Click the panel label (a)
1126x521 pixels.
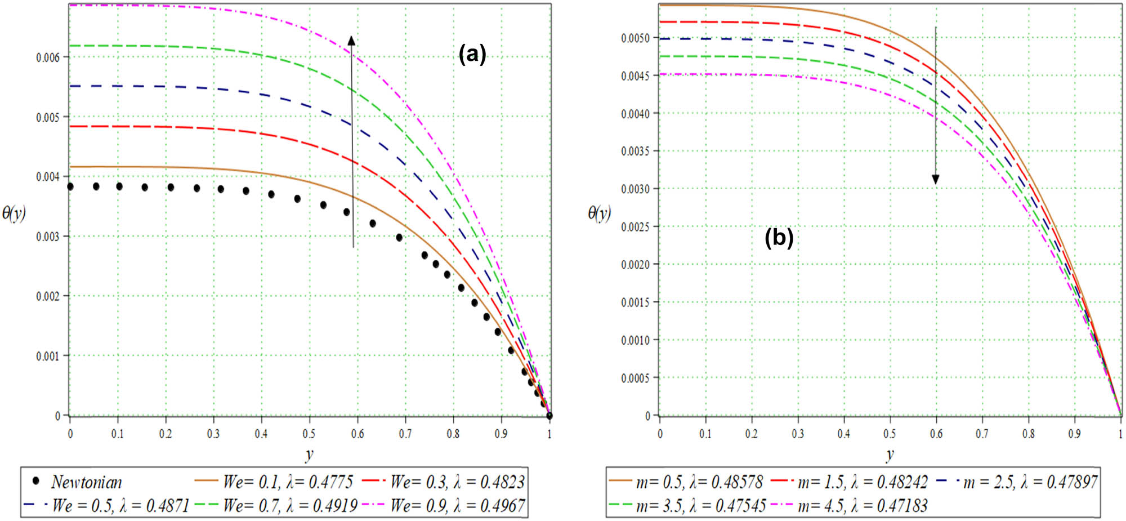coord(472,55)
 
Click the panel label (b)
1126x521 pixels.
coord(779,238)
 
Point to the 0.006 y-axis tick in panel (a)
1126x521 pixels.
coord(48,57)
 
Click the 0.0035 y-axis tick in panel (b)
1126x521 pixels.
coord(635,151)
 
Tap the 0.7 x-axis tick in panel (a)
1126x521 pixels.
coord(405,434)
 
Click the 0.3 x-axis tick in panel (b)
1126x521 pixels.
coord(798,434)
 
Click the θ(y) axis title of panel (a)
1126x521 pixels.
coord(14,213)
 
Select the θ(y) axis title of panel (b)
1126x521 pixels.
coord(599,213)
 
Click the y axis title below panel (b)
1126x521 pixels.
coord(890,454)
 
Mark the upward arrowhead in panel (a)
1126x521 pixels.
coord(351,41)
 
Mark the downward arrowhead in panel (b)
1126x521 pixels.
coord(936,180)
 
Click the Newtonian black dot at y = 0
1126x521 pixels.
coord(70,186)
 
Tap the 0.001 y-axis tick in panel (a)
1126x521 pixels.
coord(48,356)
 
